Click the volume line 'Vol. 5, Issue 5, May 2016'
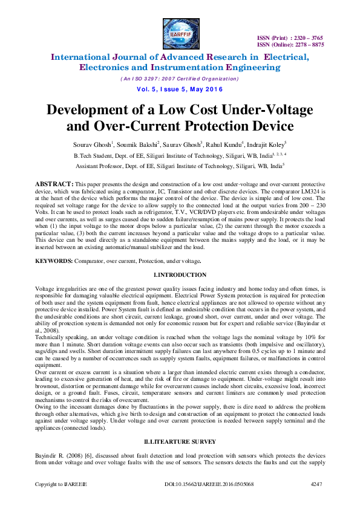(180, 89)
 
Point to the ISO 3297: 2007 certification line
(180, 79)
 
